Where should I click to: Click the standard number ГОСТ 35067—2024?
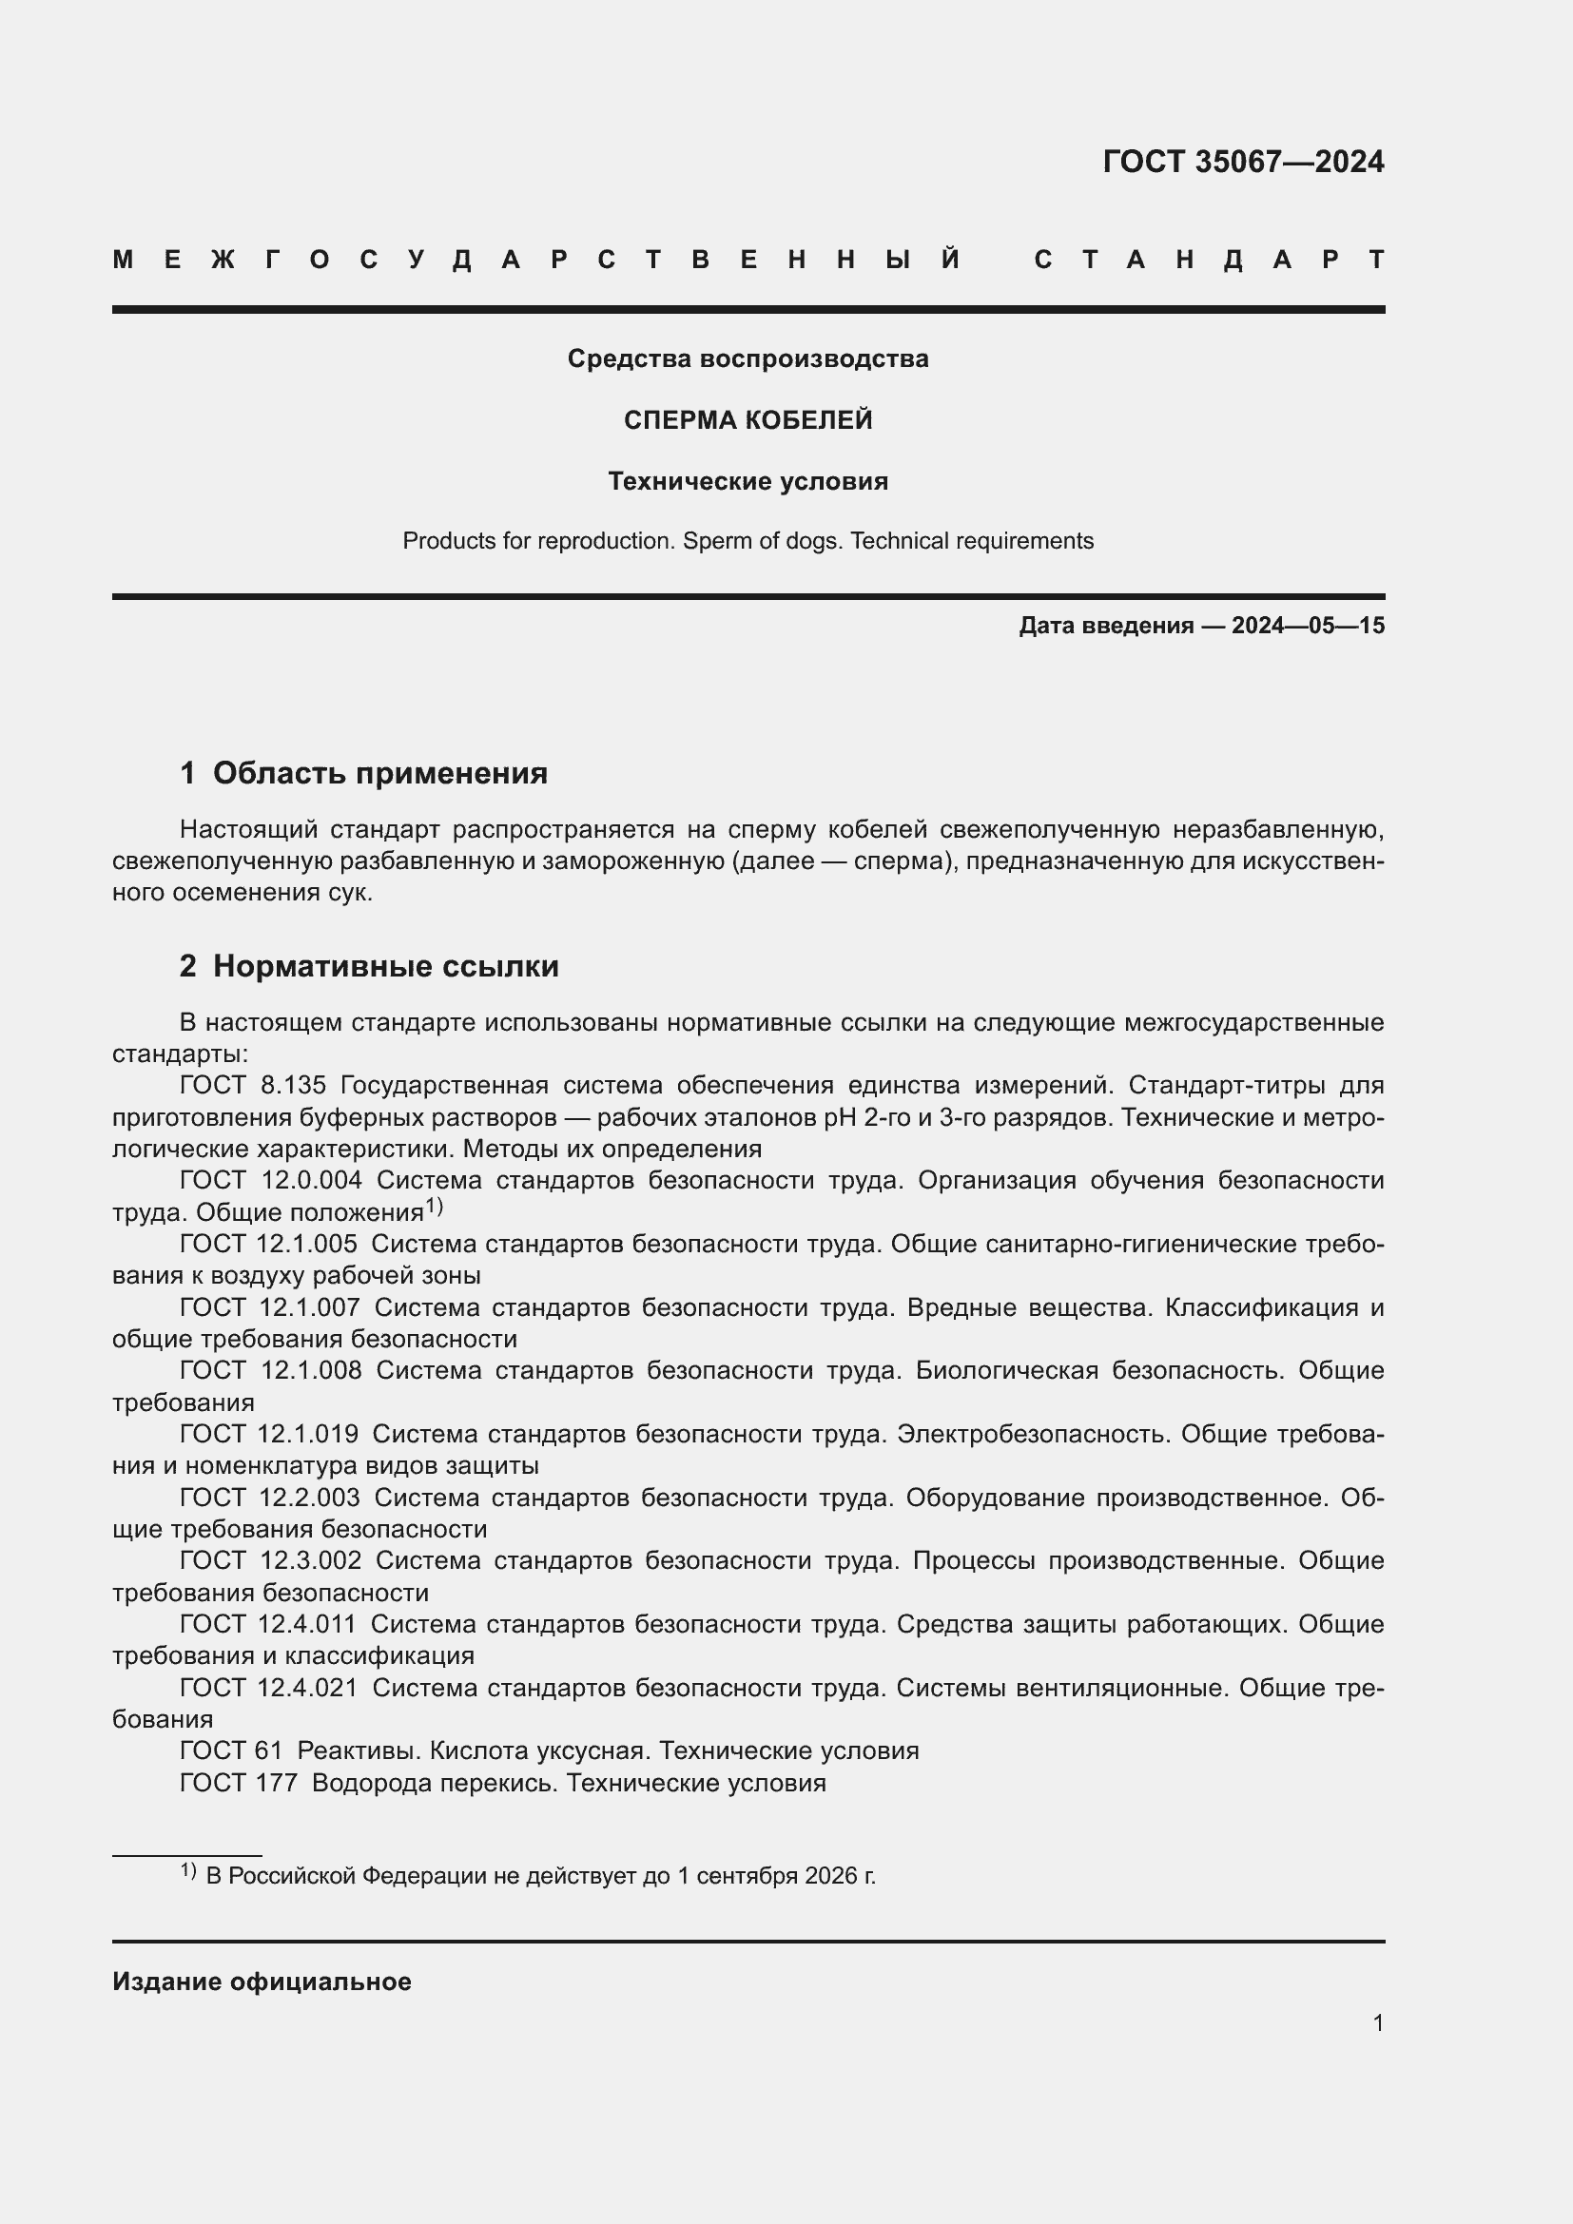pyautogui.click(x=1243, y=162)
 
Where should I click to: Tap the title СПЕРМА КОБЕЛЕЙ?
pyautogui.click(x=748, y=420)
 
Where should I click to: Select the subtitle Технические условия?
pyautogui.click(x=748, y=481)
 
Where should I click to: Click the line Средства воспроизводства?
pyautogui.click(x=748, y=359)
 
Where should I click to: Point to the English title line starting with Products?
pyautogui.click(x=748, y=540)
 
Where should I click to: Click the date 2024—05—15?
pyautogui.click(x=1308, y=626)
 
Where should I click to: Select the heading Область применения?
pyautogui.click(x=379, y=773)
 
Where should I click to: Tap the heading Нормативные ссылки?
pyautogui.click(x=385, y=967)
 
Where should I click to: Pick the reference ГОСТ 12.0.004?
pyautogui.click(x=270, y=1180)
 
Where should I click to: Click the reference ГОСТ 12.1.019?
pyautogui.click(x=268, y=1434)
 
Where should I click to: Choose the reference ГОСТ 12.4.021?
pyautogui.click(x=268, y=1688)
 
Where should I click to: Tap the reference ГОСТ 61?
pyautogui.click(x=230, y=1750)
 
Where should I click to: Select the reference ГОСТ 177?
pyautogui.click(x=239, y=1782)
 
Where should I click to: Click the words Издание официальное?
pyautogui.click(x=262, y=1982)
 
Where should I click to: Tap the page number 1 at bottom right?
pyautogui.click(x=1377, y=2022)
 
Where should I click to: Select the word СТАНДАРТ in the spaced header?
pyautogui.click(x=1209, y=260)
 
